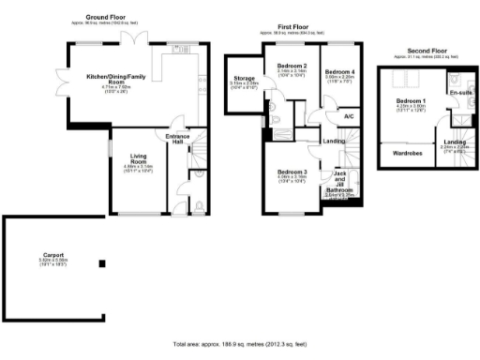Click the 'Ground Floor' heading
click(x=108, y=18)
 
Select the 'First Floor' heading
click(x=292, y=28)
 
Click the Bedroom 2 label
click(x=292, y=65)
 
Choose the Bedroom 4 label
click(x=339, y=72)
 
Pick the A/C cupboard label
click(x=348, y=116)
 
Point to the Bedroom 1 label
click(x=410, y=100)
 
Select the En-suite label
click(x=460, y=94)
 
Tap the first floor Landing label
click(x=333, y=142)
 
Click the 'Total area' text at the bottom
click(x=240, y=344)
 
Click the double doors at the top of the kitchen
click(x=140, y=38)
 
